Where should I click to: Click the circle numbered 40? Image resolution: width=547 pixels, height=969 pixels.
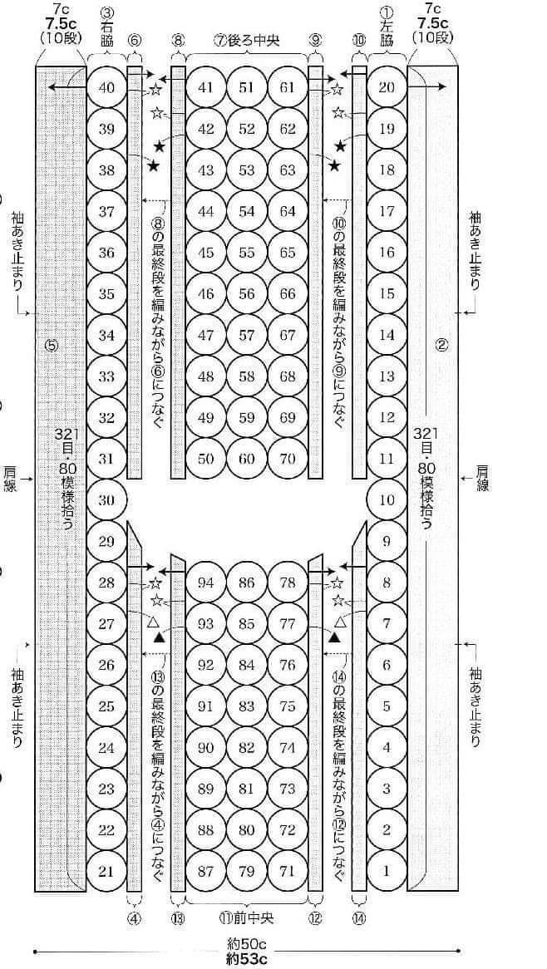point(107,87)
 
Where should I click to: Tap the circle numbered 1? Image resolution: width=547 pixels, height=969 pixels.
point(387,872)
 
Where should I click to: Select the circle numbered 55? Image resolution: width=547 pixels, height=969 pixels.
point(247,252)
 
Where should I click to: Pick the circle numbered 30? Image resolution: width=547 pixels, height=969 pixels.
point(107,500)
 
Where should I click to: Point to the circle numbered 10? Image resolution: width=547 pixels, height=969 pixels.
point(387,500)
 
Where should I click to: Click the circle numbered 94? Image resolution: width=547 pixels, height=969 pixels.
point(206,582)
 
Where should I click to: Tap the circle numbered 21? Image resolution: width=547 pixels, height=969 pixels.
point(107,872)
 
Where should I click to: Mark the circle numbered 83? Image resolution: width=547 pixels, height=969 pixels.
point(247,706)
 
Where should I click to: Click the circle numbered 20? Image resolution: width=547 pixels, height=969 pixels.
point(387,87)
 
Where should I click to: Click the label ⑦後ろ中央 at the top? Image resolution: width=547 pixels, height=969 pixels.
point(247,40)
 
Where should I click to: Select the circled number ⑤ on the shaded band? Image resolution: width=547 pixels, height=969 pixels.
point(52,345)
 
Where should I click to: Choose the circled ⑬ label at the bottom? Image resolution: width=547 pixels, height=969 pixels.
point(179,918)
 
